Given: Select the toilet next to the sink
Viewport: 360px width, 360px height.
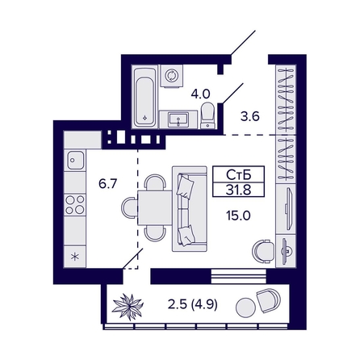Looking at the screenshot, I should point(207,115).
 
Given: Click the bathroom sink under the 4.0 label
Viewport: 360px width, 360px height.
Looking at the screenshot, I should point(179,120).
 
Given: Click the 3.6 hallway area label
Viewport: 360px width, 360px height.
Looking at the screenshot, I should point(249,115).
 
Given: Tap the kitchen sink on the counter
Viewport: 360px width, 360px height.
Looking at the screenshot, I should point(76,160).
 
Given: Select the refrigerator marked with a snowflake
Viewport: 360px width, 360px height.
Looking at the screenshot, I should point(76,256).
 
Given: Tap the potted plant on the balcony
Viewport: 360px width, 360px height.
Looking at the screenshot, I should point(128,306).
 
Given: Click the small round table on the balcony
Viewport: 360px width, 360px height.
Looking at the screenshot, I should point(243,307).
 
